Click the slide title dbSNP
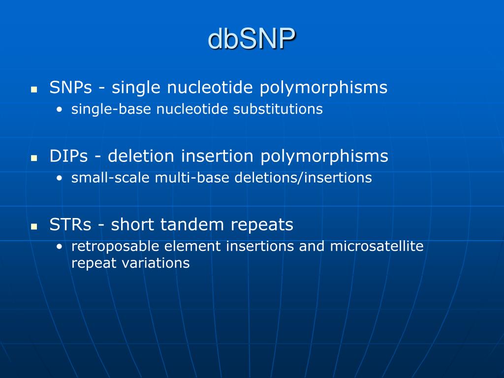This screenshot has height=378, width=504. (252, 38)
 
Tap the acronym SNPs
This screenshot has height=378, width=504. (71, 87)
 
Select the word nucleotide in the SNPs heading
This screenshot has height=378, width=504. (210, 87)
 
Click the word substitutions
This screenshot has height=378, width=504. (278, 109)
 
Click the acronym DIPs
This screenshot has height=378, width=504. (68, 156)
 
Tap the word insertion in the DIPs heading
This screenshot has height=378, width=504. (218, 156)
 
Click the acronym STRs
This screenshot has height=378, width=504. (70, 224)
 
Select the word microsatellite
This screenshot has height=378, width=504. (377, 246)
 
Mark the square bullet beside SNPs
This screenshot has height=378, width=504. (34, 89)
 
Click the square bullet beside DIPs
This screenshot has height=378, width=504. (34, 158)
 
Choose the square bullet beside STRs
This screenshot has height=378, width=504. (34, 226)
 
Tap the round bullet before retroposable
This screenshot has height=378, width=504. (60, 247)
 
